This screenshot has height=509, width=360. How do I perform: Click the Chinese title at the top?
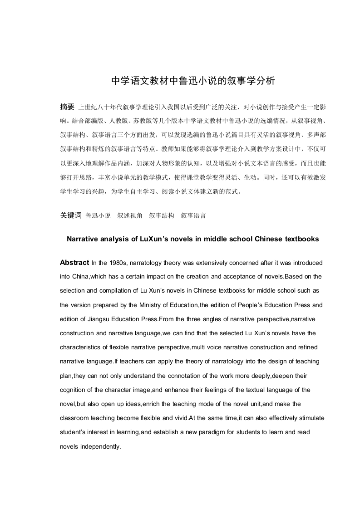(x=193, y=81)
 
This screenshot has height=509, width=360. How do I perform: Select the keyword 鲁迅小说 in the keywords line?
(x=98, y=215)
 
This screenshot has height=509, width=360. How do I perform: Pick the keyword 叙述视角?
(x=130, y=215)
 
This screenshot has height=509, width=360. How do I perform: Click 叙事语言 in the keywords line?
(x=193, y=215)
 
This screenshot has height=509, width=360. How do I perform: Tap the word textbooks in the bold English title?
(x=301, y=239)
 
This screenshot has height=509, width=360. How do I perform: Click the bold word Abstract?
(x=74, y=262)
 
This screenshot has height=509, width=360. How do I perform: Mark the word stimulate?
(x=311, y=418)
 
